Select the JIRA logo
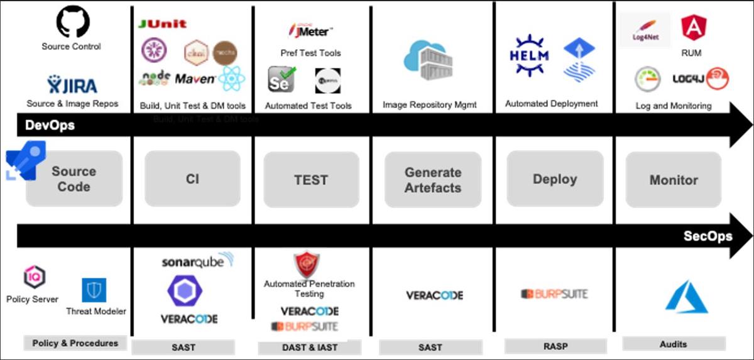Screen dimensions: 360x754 (72, 84)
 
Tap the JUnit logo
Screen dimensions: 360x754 (162, 24)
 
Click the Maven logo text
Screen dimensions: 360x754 (195, 79)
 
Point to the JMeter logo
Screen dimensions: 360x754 (310, 30)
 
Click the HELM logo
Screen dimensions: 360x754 (528, 56)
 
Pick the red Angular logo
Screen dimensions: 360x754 (693, 28)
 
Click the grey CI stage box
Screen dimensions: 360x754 (192, 179)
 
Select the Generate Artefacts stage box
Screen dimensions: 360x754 (432, 180)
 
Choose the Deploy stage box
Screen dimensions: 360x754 (554, 180)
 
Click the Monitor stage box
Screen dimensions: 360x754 (673, 180)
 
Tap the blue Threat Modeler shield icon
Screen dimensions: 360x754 (94, 290)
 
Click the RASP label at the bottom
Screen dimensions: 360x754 (555, 346)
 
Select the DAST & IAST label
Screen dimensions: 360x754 (309, 347)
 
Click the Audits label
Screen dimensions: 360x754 (673, 344)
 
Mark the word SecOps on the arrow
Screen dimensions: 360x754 (708, 236)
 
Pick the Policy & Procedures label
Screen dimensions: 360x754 (75, 343)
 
